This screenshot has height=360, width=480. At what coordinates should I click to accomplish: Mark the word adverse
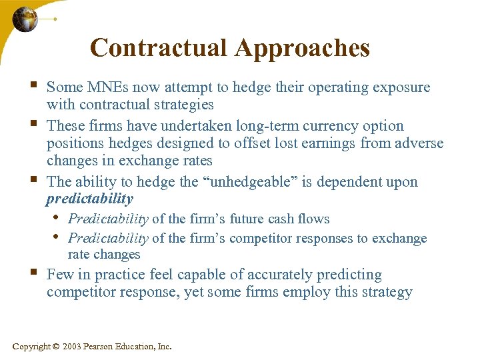420,143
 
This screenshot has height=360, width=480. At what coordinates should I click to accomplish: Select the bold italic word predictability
90,199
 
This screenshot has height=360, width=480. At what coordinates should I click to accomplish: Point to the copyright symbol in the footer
55,347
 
